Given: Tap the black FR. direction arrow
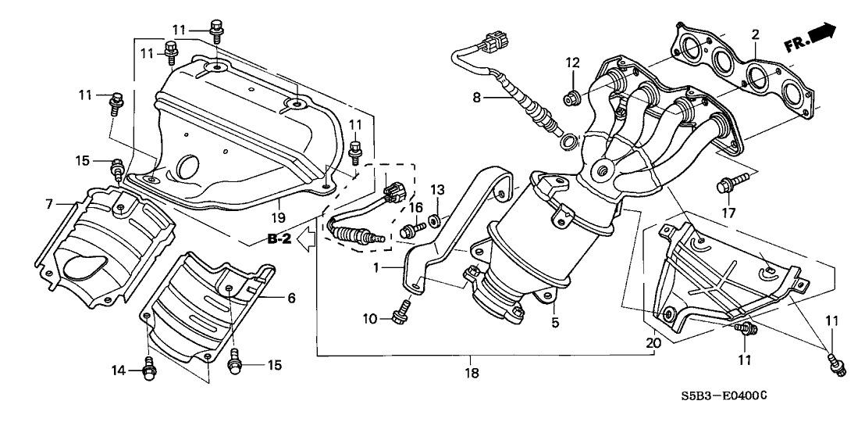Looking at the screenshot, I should (821, 35).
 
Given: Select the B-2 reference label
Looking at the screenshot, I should (279, 240).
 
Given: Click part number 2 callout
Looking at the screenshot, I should (755, 34).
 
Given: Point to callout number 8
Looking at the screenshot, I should (475, 98).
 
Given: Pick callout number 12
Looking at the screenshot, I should (573, 63).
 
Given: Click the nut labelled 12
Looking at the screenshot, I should (572, 98).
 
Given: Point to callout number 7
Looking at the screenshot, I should (48, 204).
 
